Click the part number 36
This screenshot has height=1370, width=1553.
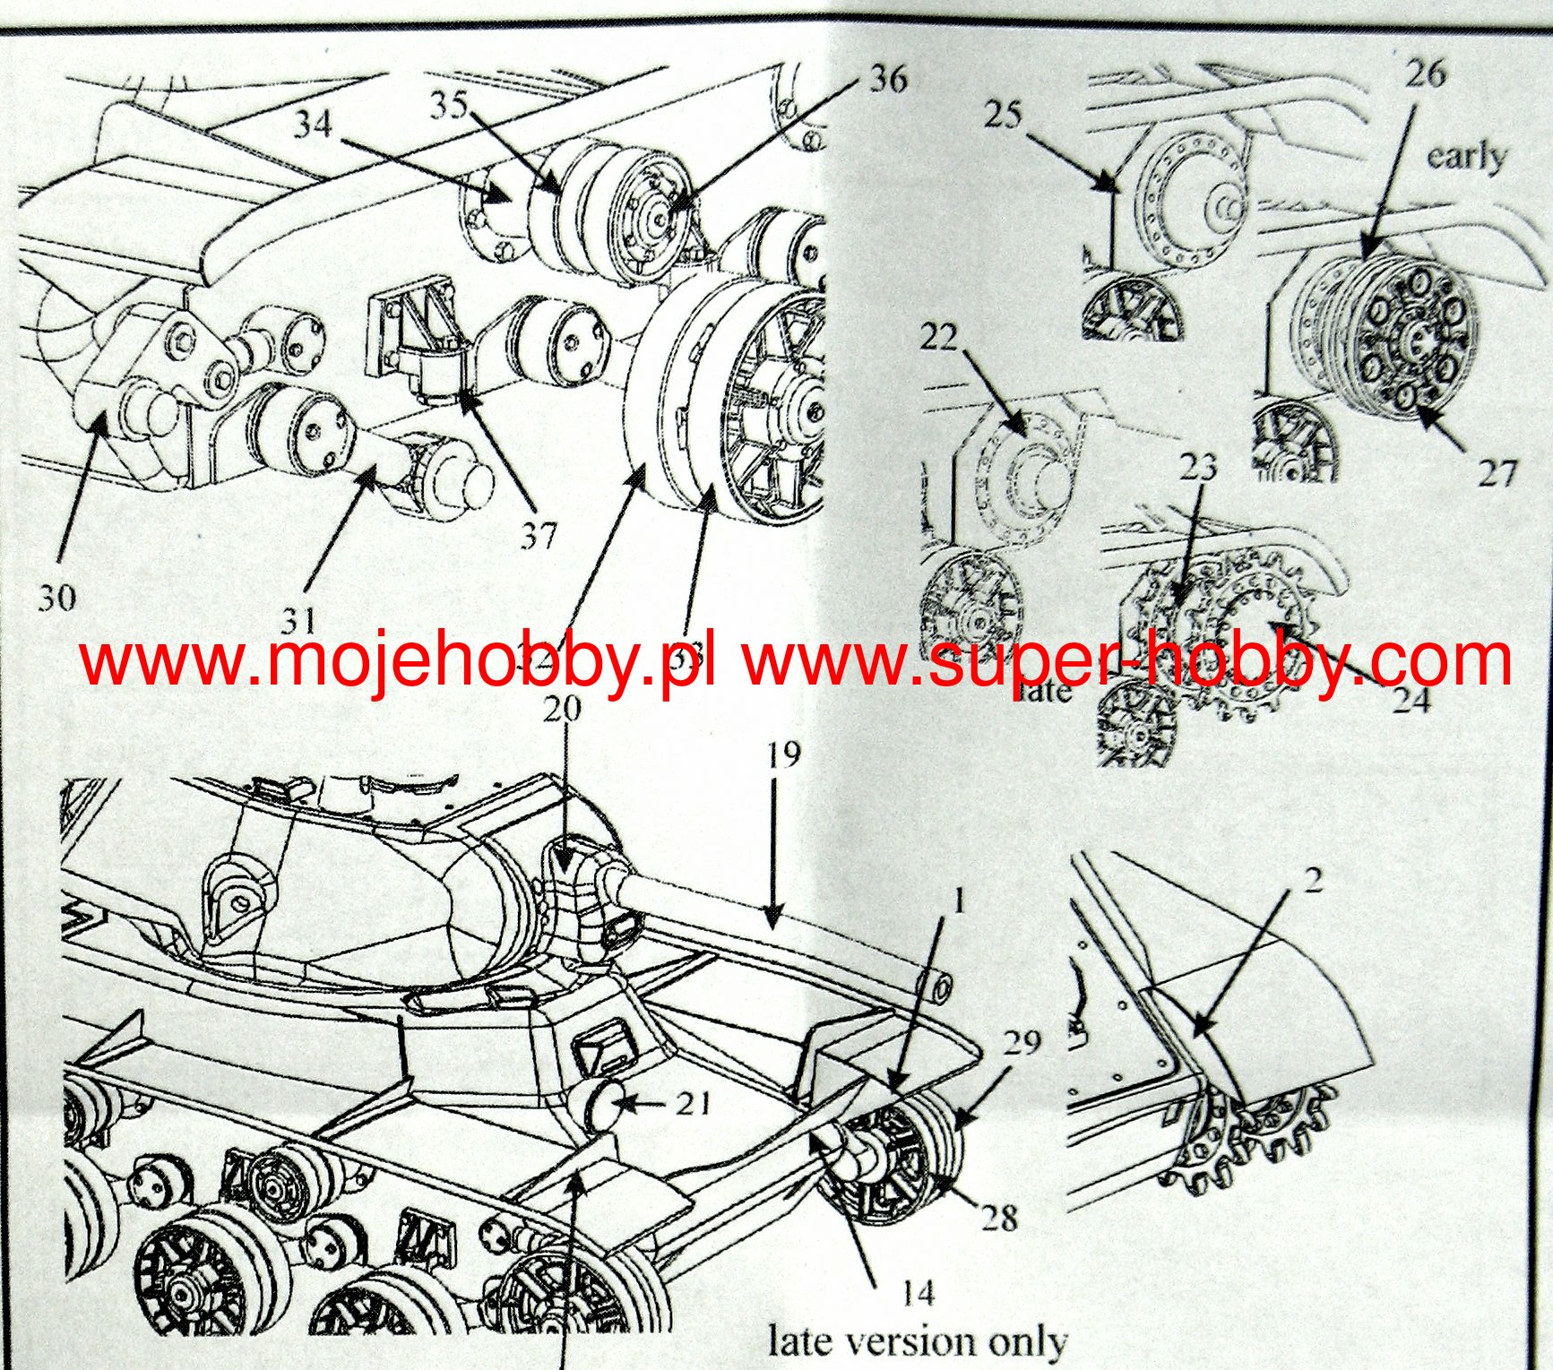tap(888, 79)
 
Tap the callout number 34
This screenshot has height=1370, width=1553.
tap(313, 123)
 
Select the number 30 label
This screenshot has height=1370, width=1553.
tap(57, 598)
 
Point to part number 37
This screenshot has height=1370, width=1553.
tap(539, 536)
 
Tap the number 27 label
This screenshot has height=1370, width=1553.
tap(1497, 472)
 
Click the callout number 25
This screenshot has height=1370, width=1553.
tap(1003, 115)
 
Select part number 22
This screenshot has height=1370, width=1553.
tap(938, 337)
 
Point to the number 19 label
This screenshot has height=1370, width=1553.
tap(784, 754)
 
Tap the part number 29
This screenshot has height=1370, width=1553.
tap(1022, 1042)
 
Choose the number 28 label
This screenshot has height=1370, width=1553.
tap(999, 1217)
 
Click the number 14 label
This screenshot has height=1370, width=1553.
tap(918, 1293)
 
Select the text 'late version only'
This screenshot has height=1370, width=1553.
tap(918, 1341)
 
